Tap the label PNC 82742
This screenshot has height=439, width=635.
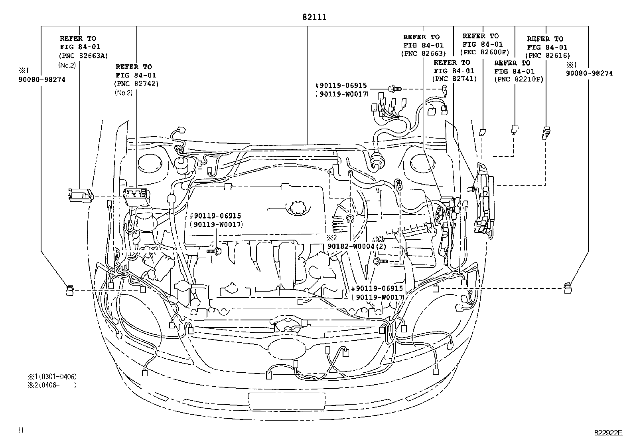(136, 83)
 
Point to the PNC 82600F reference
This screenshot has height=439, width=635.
(485, 52)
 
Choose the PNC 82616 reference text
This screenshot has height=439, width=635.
(548, 56)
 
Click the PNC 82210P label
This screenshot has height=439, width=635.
(519, 79)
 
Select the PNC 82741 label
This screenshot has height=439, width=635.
(454, 79)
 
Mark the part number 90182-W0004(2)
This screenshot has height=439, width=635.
(357, 246)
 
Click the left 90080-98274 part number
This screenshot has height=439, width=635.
(41, 79)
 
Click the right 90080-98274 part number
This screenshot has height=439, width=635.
(589, 73)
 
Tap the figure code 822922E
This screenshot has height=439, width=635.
(608, 433)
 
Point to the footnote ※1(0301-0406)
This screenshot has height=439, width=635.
(52, 376)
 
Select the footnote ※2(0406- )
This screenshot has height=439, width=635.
(52, 385)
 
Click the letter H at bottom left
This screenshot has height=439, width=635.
(21, 430)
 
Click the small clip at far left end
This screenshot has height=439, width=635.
(69, 290)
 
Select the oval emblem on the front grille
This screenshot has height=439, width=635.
(288, 348)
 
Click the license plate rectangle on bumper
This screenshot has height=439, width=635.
(286, 400)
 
